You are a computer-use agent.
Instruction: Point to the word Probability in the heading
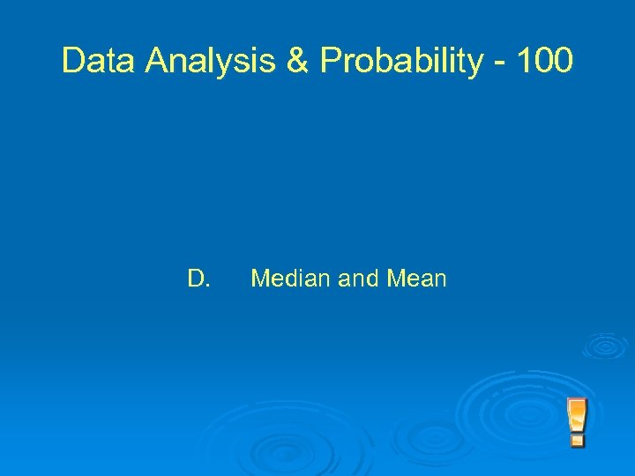pos(401,61)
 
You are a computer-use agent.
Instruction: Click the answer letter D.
pos(198,279)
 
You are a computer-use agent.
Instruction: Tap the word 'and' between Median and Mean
pos(358,279)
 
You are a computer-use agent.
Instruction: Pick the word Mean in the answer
pos(415,279)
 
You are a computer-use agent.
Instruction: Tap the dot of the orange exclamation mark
pos(578,437)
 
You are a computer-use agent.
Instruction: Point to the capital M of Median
pos(259,279)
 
